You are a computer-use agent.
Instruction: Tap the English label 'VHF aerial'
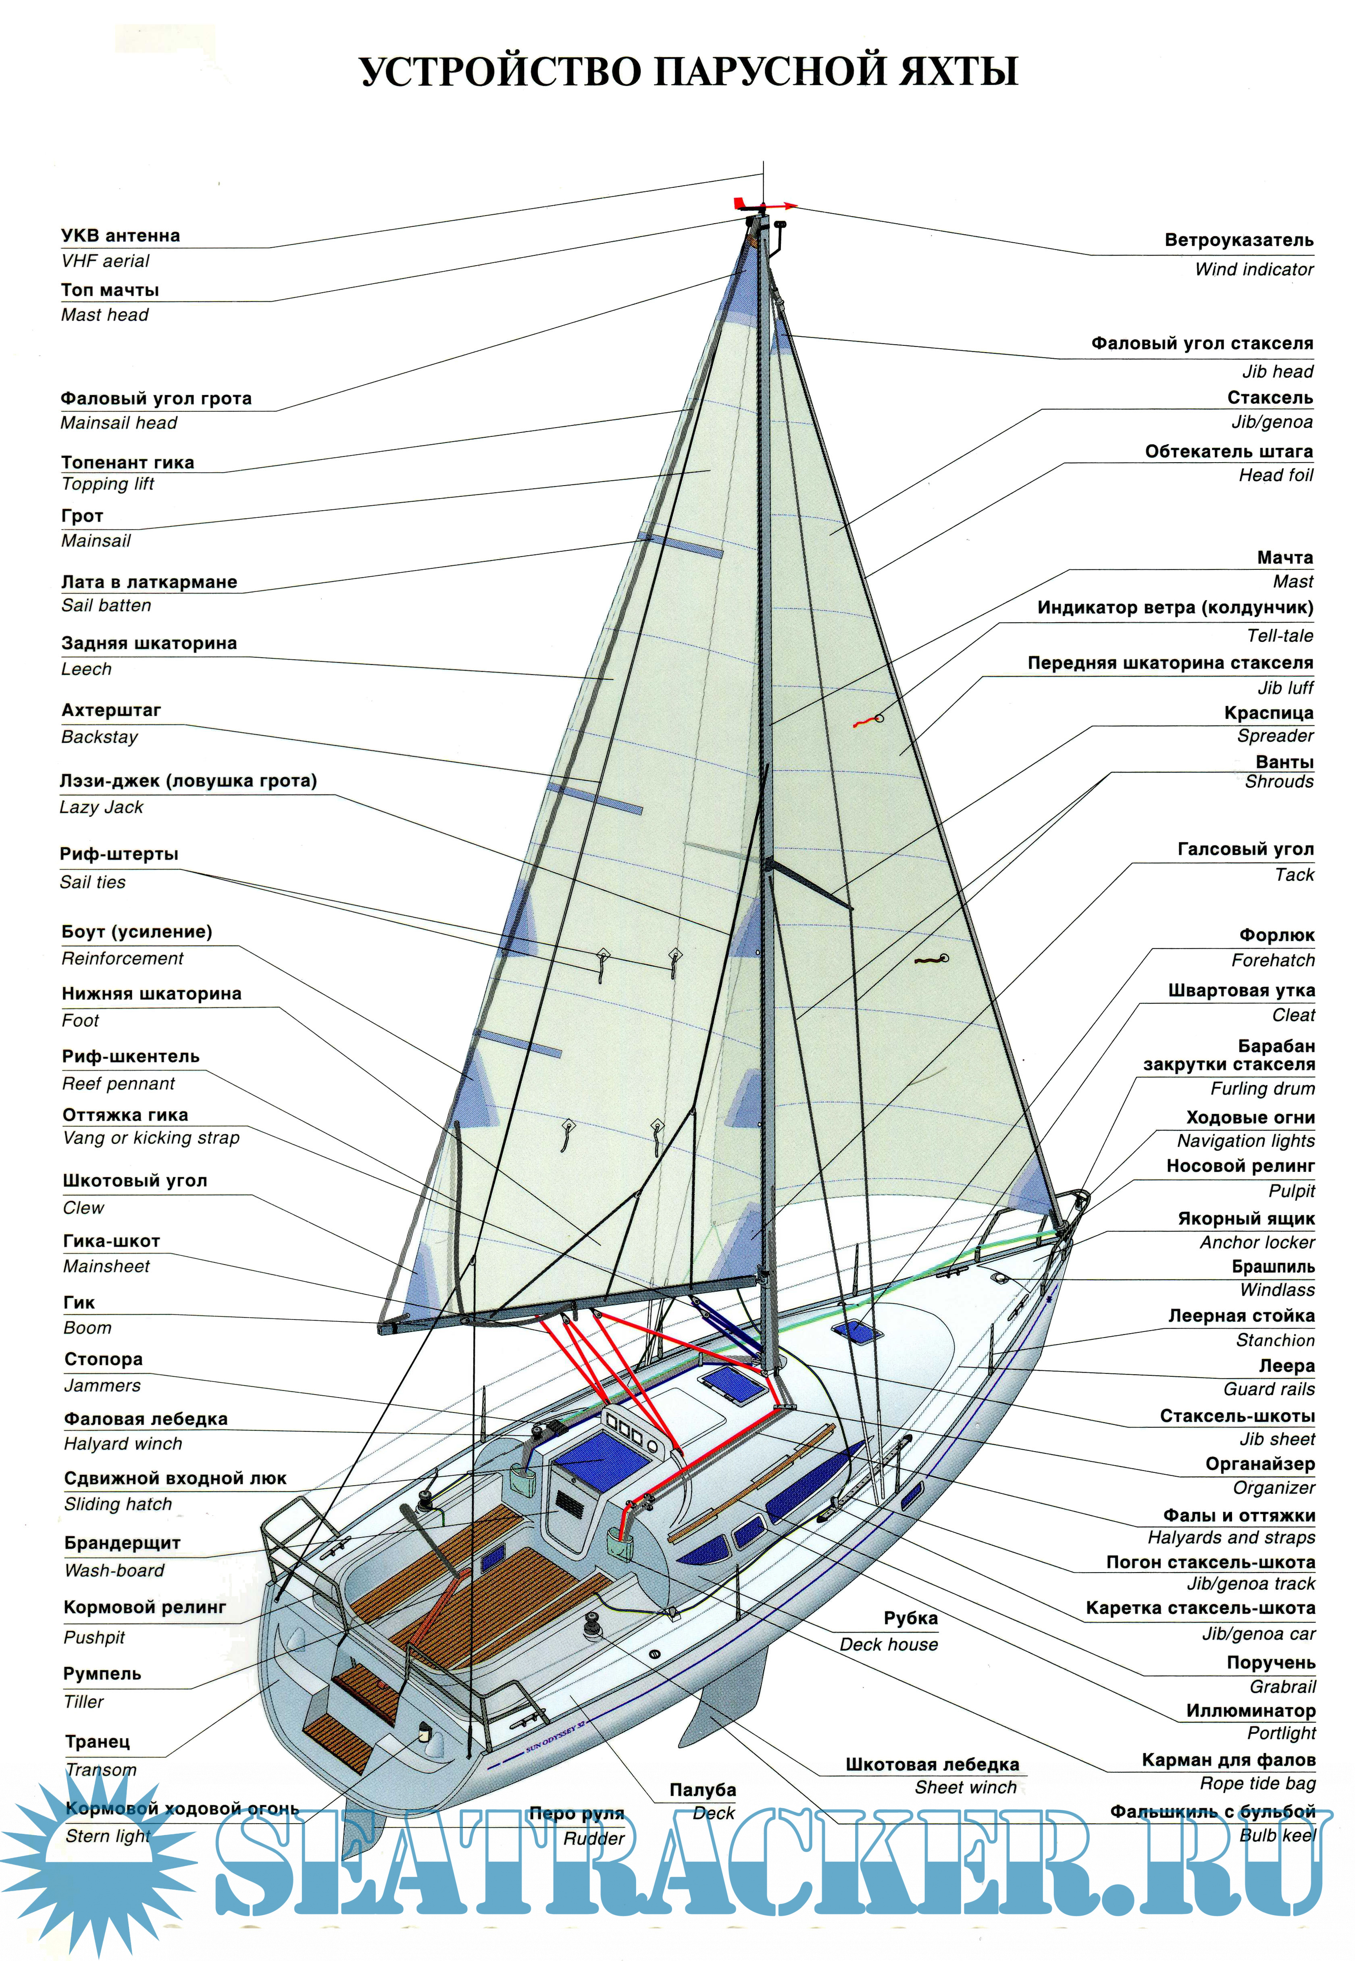click(105, 262)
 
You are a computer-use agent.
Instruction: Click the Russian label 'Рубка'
click(910, 1618)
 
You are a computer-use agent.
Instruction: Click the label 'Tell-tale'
click(1280, 636)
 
